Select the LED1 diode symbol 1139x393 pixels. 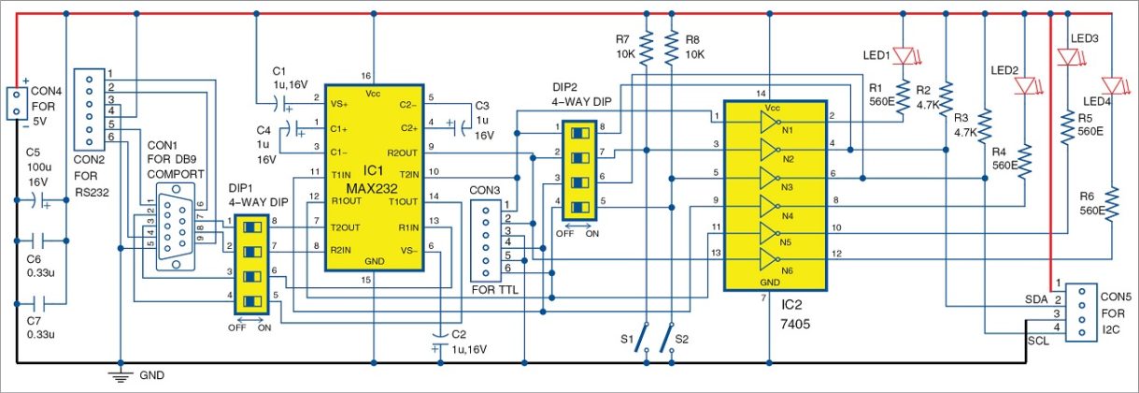click(x=903, y=56)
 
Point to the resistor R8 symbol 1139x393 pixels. click(x=672, y=44)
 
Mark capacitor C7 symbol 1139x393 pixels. click(x=40, y=304)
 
